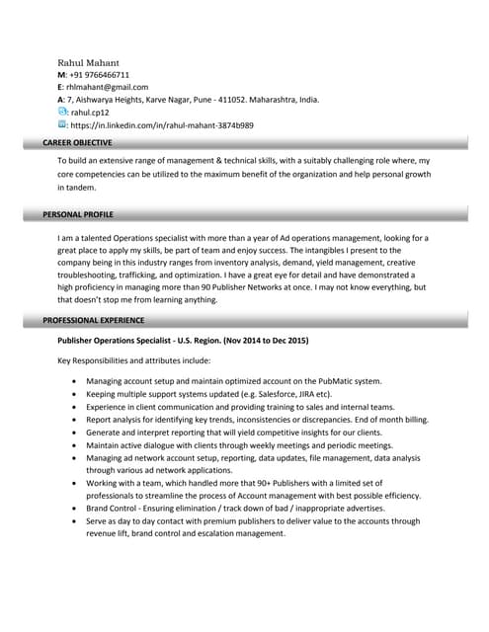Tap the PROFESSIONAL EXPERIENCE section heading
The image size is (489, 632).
94,321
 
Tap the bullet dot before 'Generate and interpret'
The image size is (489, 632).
75,433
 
